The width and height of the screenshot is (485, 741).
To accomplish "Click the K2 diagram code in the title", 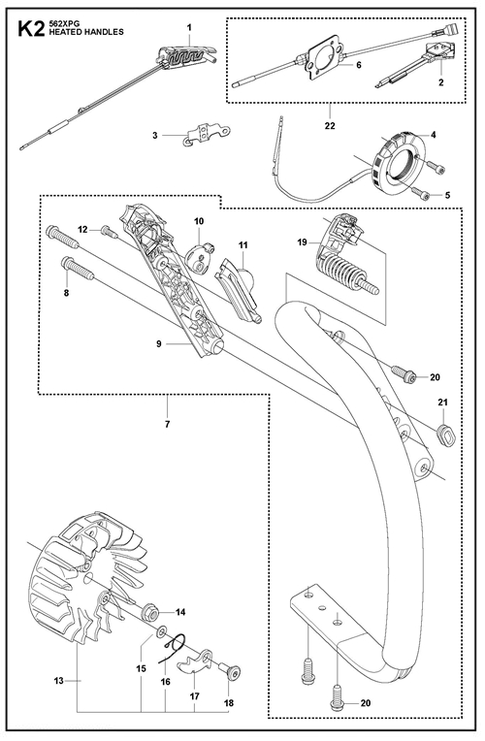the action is (31, 29).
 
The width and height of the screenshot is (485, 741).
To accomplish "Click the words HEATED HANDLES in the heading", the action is (86, 32).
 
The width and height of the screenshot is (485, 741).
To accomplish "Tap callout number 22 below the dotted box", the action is (330, 126).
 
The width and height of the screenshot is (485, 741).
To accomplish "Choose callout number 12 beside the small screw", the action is (82, 229).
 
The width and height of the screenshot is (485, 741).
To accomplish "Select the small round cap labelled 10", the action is (200, 259).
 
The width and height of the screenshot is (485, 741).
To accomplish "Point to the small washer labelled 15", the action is (161, 630).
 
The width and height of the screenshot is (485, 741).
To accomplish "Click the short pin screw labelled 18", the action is (231, 671).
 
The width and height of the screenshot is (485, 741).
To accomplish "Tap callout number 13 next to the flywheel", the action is (58, 681).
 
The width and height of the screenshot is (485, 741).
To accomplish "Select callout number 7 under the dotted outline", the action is (168, 424).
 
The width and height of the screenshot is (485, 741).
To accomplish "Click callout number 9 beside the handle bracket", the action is (159, 344).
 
